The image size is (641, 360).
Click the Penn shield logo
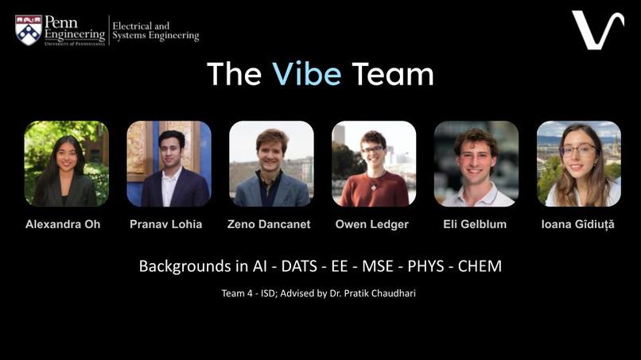29,29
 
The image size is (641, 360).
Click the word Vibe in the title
306,74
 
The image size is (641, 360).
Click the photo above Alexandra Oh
67,164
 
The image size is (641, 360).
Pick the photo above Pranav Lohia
169,164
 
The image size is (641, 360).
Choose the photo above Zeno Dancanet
271,164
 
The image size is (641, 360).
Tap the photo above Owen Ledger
374,164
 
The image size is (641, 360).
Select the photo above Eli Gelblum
476,164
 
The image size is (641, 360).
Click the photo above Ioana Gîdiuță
578,164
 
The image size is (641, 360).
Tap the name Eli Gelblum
476,224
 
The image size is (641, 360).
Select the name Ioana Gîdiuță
578,224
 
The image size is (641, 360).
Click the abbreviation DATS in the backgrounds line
299,266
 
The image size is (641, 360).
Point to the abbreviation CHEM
479,266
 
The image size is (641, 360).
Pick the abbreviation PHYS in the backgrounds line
425,266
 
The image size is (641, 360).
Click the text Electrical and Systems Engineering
155,31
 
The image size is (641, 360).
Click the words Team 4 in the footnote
238,294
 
